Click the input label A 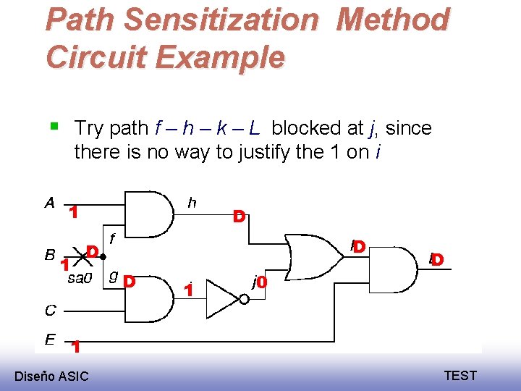(49, 203)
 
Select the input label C (50, 310)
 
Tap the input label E (50, 338)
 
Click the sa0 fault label (80, 278)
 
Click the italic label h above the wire (191, 203)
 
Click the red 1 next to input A (73, 212)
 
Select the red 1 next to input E (75, 348)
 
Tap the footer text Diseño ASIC (51, 376)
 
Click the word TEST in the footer (460, 375)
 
